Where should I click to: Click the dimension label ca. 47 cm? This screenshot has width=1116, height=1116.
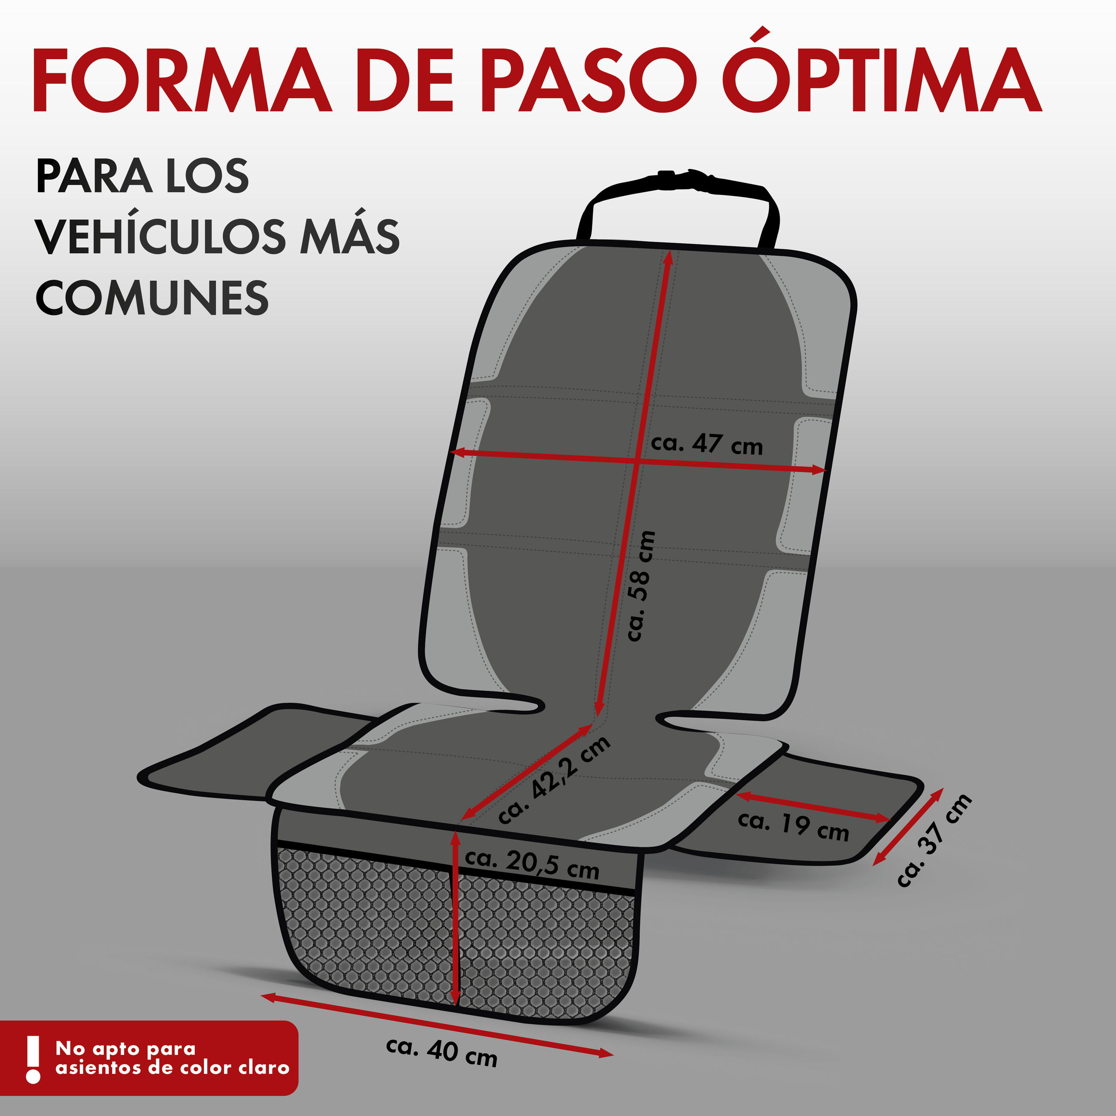(707, 444)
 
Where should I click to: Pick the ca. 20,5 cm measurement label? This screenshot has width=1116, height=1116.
(532, 864)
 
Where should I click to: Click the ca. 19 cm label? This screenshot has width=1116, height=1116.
(793, 826)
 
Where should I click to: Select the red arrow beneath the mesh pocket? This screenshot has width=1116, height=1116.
(437, 1025)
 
